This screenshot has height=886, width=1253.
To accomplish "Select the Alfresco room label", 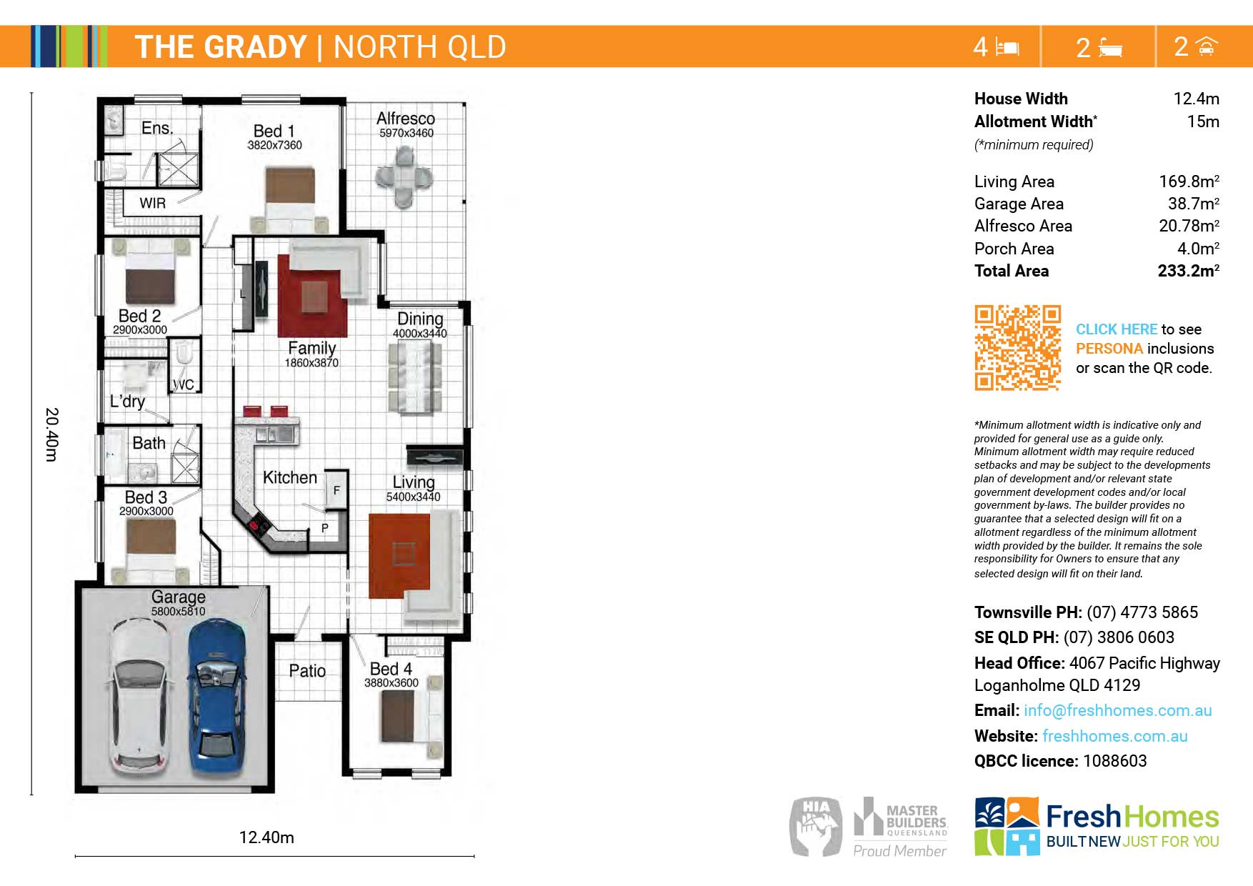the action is tap(406, 119).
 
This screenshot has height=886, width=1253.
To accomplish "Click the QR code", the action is tap(1017, 347).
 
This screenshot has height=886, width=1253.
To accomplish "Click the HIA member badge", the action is tap(816, 826).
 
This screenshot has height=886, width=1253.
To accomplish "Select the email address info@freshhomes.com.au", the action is tap(1118, 710).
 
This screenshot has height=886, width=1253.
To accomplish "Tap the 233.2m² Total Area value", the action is tap(1188, 271).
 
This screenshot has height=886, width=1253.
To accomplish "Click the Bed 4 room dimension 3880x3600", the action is tap(391, 683).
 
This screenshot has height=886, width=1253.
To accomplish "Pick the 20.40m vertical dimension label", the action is tap(51, 434).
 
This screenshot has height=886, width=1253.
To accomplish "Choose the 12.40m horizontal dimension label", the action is tap(266, 837).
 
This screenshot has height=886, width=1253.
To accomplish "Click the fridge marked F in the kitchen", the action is tap(336, 490).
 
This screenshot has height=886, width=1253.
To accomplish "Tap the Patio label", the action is tap(307, 671).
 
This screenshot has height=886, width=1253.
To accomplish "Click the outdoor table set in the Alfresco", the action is tap(404, 177).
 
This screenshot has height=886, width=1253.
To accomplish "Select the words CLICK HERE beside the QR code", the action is tap(1117, 329).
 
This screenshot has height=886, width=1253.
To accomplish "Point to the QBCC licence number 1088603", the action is tap(1114, 761).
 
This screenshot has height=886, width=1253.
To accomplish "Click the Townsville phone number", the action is tap(1142, 612).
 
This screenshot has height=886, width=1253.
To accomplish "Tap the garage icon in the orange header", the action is tap(1207, 46).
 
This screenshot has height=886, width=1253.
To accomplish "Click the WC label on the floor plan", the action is tap(184, 384).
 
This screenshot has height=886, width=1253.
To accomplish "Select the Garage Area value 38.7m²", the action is tap(1194, 204).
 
